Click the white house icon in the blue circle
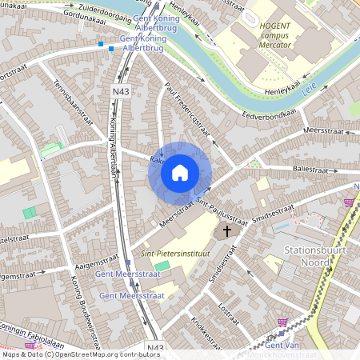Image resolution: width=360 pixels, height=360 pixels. click(180, 173)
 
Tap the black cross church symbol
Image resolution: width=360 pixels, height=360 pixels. click(226, 231)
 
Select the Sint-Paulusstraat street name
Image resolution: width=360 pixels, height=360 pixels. click(222, 207)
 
